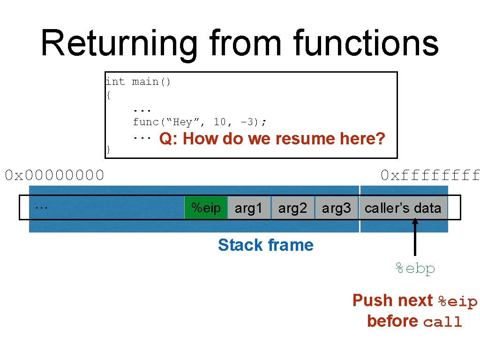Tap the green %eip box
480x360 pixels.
pyautogui.click(x=206, y=208)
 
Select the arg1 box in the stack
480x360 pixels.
pyautogui.click(x=248, y=208)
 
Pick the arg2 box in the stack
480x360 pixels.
pyautogui.click(x=292, y=208)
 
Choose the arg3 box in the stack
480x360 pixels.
pyautogui.click(x=336, y=208)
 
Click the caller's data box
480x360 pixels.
pyautogui.click(x=403, y=208)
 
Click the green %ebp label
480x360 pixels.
pyautogui.click(x=415, y=269)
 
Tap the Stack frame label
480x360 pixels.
pyautogui.click(x=265, y=245)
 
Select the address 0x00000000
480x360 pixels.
pyautogui.click(x=54, y=175)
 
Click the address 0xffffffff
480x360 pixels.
pyautogui.click(x=430, y=175)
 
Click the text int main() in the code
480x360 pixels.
pyautogui.click(x=139, y=82)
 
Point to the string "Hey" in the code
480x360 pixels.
pyautogui.click(x=183, y=122)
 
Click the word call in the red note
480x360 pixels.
pyautogui.click(x=442, y=322)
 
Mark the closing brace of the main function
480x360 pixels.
pyautogui.click(x=108, y=150)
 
